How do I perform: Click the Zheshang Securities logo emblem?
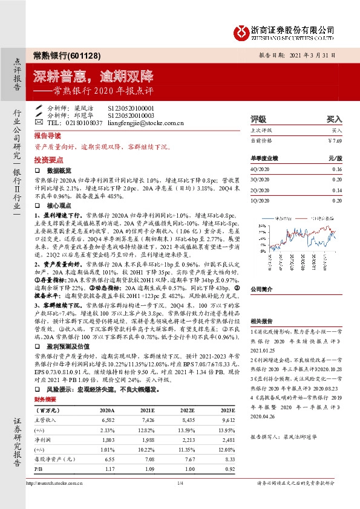241,30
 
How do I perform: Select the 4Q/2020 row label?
260,170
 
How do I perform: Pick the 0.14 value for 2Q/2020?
336,190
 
